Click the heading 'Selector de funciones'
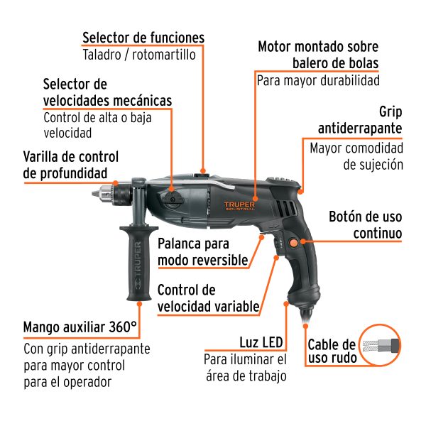[x=143, y=37]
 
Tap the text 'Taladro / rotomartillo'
[x=138, y=55]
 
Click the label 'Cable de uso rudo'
[x=331, y=351]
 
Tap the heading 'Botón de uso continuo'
[x=366, y=224]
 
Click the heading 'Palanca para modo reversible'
[x=203, y=251]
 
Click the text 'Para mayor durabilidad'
[x=318, y=80]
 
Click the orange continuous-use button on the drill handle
[x=293, y=244]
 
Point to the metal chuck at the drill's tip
[x=108, y=192]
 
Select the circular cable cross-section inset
[x=381, y=346]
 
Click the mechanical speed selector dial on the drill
[x=173, y=200]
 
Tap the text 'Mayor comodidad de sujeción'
[x=356, y=157]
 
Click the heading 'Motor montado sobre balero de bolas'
[x=317, y=55]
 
